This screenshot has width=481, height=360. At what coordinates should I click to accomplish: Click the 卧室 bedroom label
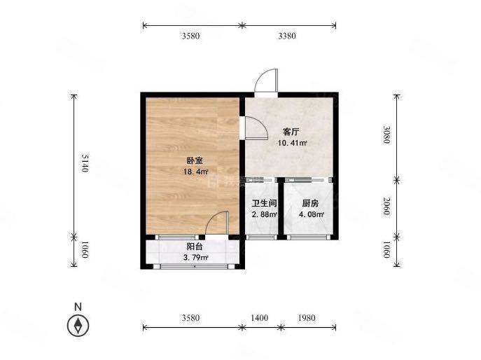coord(195,160)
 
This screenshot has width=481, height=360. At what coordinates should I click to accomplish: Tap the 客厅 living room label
coord(291,132)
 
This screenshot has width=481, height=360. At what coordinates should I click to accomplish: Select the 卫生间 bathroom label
coord(264,203)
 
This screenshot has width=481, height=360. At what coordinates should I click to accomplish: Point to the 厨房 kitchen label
coord(310,203)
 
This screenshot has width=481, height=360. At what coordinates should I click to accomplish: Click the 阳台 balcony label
coord(195,247)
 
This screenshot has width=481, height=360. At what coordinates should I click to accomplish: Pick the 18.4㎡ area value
coord(196,172)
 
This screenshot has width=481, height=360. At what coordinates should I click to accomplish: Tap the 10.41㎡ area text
coord(293,143)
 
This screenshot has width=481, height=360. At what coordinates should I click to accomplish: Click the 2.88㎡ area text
coord(265,214)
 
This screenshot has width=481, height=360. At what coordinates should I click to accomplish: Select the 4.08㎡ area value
coord(312,214)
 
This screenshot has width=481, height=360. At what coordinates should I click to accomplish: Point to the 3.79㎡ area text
coord(196,258)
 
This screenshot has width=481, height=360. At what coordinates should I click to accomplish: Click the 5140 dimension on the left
coord(85,163)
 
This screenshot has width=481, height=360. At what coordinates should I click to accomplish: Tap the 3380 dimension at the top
coord(287,36)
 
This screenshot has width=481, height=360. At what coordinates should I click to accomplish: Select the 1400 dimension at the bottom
coord(260,318)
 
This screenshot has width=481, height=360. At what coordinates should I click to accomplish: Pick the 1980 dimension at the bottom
coord(307,318)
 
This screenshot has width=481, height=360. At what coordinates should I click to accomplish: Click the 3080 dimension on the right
coord(386,134)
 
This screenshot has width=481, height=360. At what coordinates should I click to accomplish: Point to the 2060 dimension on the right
coord(386,206)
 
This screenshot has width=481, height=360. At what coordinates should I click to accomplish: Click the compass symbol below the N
coord(78,325)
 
